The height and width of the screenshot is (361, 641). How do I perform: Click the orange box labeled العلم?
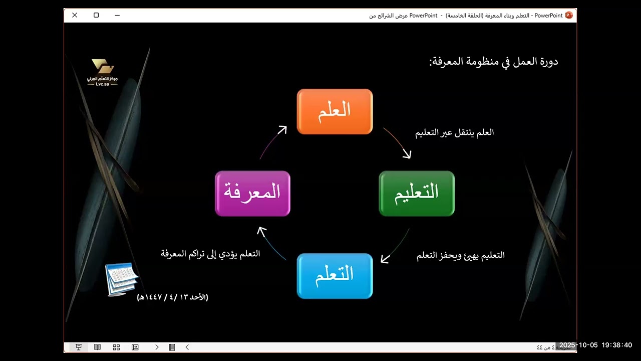[x=335, y=111]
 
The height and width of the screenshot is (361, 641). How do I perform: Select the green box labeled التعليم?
[x=417, y=194]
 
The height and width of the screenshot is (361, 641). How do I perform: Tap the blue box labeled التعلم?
[x=335, y=276]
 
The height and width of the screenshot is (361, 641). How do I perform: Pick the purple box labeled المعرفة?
[x=252, y=194]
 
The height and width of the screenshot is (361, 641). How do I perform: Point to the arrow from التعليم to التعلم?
[x=396, y=247]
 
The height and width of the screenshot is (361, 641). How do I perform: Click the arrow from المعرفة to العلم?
[x=273, y=142]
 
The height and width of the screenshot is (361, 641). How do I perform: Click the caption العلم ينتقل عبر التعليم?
[x=455, y=132]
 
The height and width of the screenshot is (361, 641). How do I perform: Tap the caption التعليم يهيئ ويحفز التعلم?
[x=461, y=255]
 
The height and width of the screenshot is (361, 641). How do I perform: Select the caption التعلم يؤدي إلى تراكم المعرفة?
[x=210, y=254]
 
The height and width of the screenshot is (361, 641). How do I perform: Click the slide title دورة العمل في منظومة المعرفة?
[x=493, y=62]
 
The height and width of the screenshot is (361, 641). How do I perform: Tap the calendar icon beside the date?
[x=121, y=279]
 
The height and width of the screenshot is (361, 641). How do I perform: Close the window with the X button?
[x=75, y=15]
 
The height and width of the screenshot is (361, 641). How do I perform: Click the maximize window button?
[x=96, y=15]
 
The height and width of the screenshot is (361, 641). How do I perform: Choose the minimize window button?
[x=117, y=15]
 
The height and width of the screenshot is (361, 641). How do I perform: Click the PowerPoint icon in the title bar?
[x=568, y=15]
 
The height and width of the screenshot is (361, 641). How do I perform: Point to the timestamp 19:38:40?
[x=617, y=345]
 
